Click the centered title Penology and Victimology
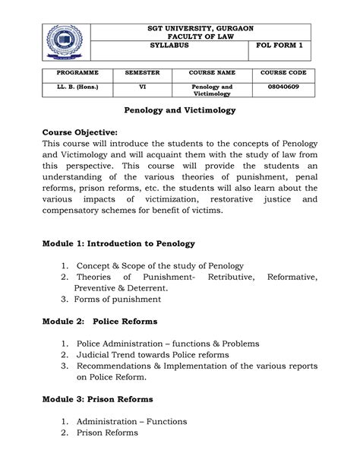[179, 111]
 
